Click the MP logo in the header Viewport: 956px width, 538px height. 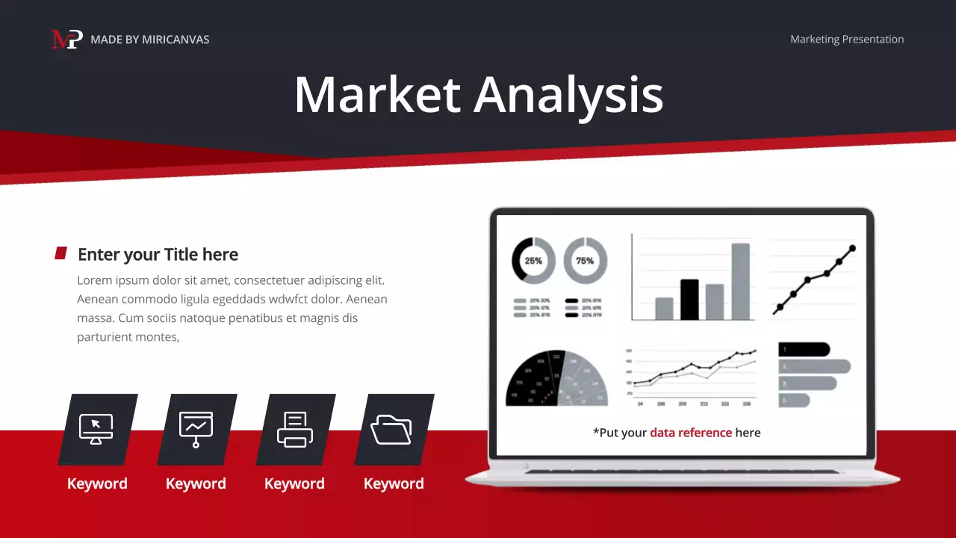coord(66,39)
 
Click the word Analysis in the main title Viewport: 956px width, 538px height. coord(568,95)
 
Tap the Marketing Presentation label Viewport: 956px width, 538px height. coord(847,39)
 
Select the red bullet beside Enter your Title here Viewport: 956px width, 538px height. coord(61,253)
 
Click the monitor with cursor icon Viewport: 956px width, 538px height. coord(96,429)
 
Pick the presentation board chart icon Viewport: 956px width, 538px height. coord(196,429)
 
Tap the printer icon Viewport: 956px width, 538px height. coord(295,429)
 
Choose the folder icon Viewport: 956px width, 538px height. coord(391,429)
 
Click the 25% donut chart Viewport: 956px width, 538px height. coord(533,261)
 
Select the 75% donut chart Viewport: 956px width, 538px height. coord(585,261)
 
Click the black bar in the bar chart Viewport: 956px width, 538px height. coord(689,300)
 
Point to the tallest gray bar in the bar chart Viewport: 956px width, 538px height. coord(740,282)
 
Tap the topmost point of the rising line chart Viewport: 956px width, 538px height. coord(852,248)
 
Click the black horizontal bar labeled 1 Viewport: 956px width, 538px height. coord(804,349)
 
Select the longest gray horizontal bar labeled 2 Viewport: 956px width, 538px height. coord(814,366)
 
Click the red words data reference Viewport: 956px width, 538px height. coord(691,433)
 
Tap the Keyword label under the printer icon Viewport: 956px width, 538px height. coord(294,483)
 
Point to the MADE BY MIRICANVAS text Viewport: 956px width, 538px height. coord(149,39)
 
